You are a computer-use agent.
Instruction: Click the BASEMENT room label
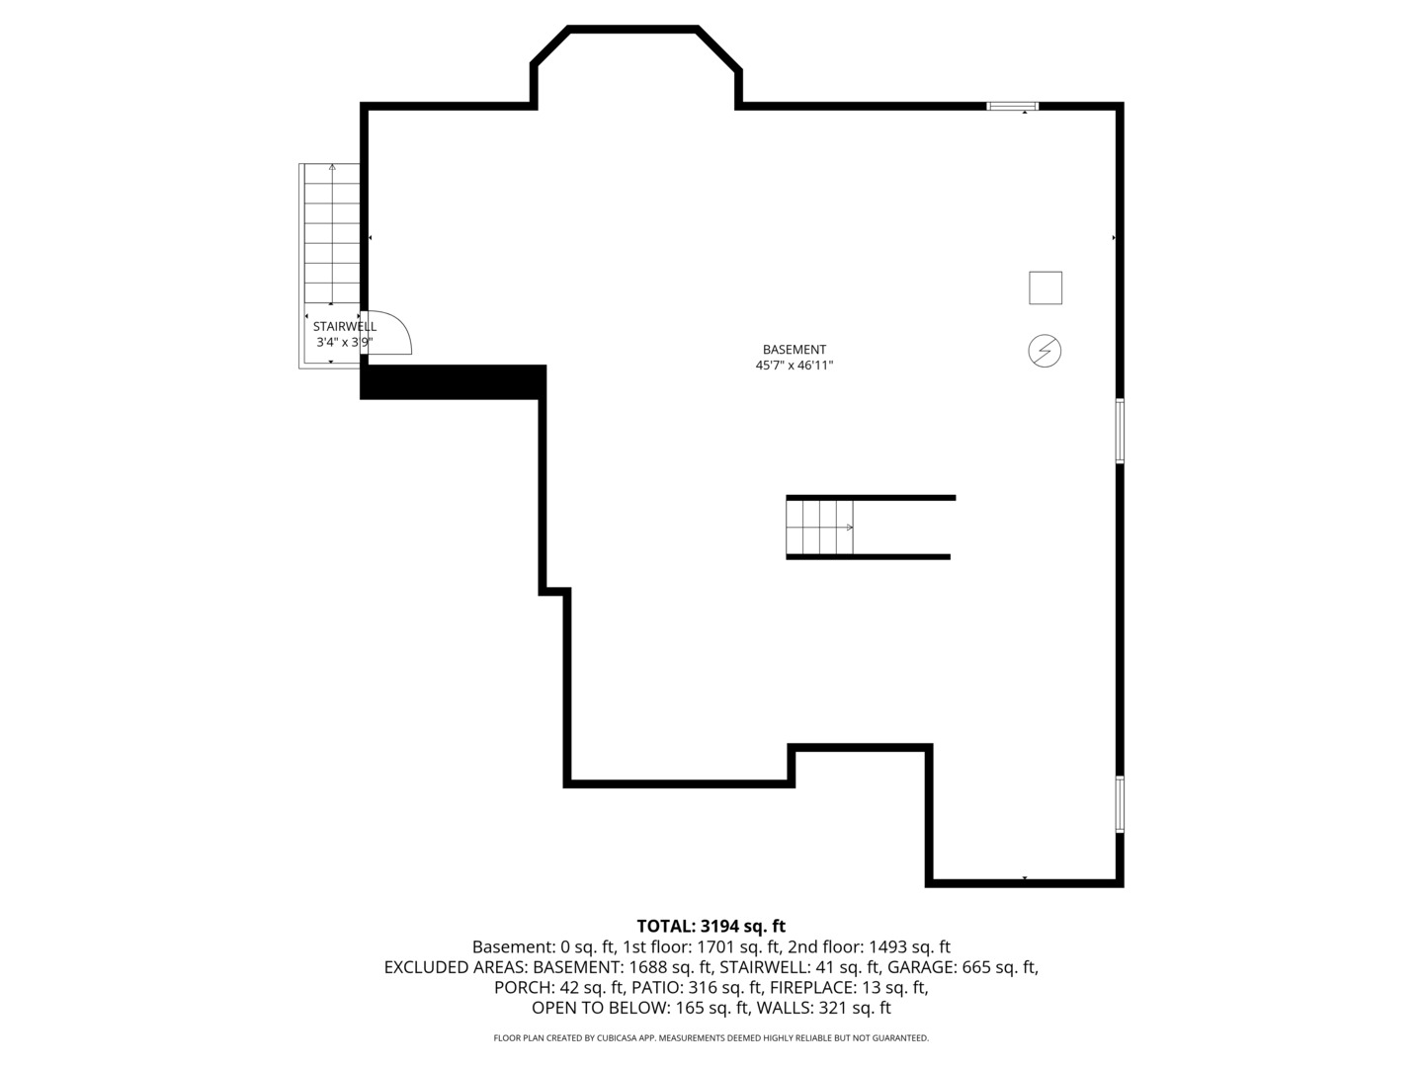(795, 349)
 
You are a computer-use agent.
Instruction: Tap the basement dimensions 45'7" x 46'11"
(795, 366)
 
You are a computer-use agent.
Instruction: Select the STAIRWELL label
(344, 326)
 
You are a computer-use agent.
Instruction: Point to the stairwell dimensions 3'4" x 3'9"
(344, 342)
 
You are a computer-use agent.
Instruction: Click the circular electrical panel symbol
(1045, 351)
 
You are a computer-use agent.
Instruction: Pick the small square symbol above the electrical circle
(1046, 287)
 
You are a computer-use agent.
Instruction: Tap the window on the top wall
(1013, 107)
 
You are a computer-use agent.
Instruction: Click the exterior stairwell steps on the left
(332, 233)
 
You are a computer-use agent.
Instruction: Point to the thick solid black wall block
(453, 382)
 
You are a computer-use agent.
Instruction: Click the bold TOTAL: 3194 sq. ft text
(711, 926)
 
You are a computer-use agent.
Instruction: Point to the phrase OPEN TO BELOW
(600, 1008)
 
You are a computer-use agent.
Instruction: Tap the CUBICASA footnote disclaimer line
(711, 1037)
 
